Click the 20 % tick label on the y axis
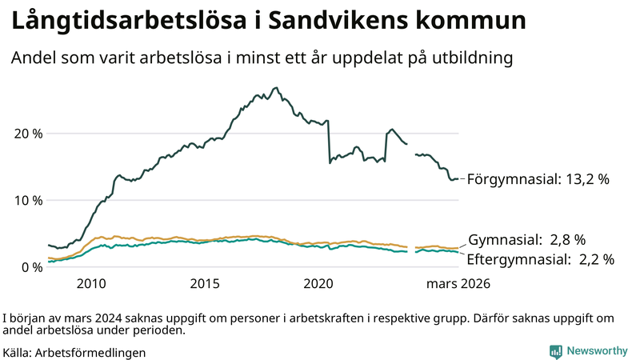pos(28,133)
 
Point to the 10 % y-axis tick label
pos(28,200)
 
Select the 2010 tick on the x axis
pos(91,283)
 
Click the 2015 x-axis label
pos(205,283)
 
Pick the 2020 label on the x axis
pos(318,283)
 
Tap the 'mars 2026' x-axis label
pos(458,283)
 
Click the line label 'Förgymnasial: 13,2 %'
pos(538,179)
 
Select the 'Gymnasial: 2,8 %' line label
pos(527,239)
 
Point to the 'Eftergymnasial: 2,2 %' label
pos(540,259)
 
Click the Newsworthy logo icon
pos(555,351)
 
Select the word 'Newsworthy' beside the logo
pos(597,351)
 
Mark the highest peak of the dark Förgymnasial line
pos(276,88)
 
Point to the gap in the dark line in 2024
pos(411,149)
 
